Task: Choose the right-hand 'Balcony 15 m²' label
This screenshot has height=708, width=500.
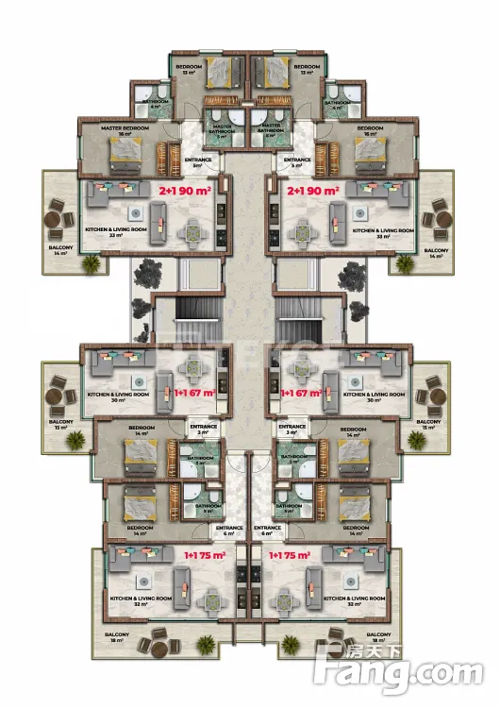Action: coord(428,425)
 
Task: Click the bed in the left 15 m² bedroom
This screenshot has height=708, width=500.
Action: coord(225,72)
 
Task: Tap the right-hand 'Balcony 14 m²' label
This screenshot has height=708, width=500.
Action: coord(436,253)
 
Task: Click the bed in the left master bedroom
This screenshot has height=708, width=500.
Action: coord(125,156)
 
